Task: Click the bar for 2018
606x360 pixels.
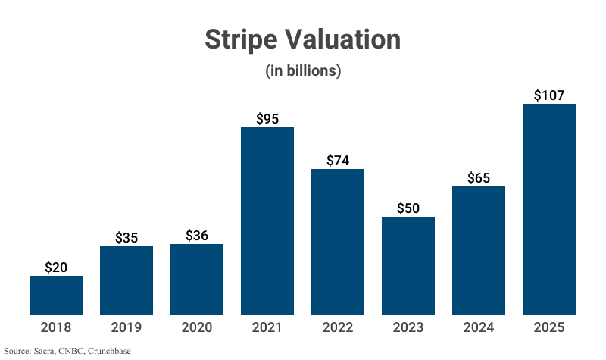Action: click(x=56, y=296)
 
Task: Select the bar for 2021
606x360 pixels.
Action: click(x=267, y=221)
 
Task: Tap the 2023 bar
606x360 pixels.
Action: click(x=408, y=266)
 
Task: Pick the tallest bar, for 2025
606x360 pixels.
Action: click(x=549, y=209)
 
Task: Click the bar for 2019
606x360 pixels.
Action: click(x=127, y=280)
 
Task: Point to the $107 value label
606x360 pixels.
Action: click(x=549, y=95)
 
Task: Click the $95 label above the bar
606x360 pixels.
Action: click(x=267, y=119)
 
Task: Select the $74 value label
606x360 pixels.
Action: click(x=338, y=161)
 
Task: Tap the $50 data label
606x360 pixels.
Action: click(x=408, y=208)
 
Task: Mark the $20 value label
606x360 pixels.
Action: click(x=56, y=268)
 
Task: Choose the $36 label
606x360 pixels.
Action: click(x=197, y=236)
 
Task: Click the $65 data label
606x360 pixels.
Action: click(x=479, y=178)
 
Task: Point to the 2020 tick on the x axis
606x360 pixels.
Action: click(x=197, y=327)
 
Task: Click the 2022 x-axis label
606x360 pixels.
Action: click(x=338, y=327)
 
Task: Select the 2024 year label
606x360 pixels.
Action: click(x=479, y=327)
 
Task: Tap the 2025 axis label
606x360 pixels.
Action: click(x=549, y=327)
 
